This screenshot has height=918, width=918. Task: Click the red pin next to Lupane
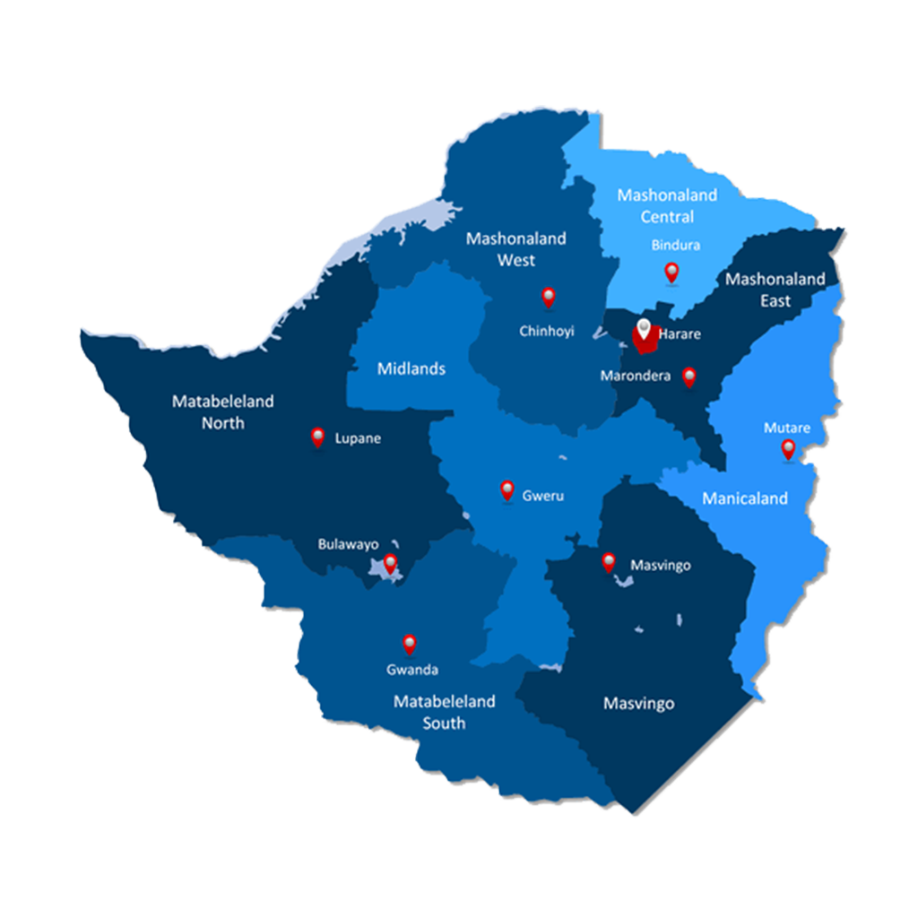[x=317, y=437]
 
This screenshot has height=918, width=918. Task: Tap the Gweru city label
[x=543, y=496]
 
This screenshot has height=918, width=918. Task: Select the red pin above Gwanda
[x=410, y=643]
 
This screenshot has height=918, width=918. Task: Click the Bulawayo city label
[x=348, y=544]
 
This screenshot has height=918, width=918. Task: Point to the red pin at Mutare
[x=788, y=448]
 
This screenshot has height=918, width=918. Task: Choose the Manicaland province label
[x=745, y=498]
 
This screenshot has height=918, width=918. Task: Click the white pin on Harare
[x=643, y=329]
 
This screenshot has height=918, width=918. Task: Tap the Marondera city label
[x=636, y=377]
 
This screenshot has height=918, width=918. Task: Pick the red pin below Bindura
[x=671, y=272]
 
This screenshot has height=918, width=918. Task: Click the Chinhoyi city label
[x=547, y=332]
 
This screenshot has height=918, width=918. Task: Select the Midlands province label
[x=411, y=368]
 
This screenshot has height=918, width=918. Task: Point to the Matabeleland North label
[x=222, y=412]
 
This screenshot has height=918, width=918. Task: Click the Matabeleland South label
[x=444, y=712]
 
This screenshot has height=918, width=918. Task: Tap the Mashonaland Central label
[x=667, y=206]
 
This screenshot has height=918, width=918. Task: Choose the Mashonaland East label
[x=775, y=290]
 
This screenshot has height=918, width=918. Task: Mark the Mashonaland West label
[x=516, y=249]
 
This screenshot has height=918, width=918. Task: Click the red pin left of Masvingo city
[x=609, y=562]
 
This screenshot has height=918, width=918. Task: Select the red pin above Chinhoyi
[x=549, y=297]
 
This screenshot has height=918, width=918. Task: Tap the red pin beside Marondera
[x=688, y=377]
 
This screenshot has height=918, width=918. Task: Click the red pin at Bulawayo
[x=390, y=563]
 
